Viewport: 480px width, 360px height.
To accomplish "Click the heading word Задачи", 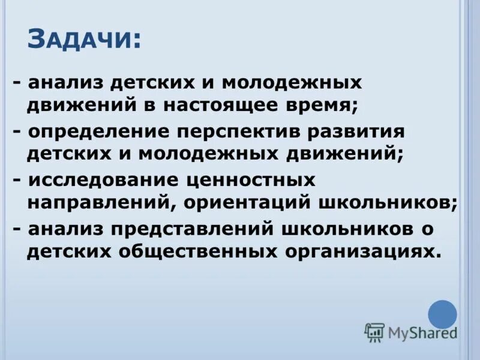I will click(84, 40).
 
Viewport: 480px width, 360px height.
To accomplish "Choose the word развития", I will click(353, 131).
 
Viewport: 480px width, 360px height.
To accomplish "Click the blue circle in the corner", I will click(442, 314).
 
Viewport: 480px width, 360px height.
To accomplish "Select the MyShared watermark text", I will click(422, 332).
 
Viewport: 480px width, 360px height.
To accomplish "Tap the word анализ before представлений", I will click(66, 229).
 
